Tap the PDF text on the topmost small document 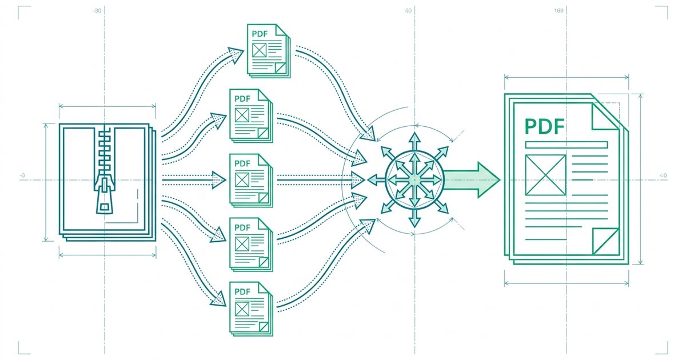point(260,34)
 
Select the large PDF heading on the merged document point(545,127)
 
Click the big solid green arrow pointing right point(472,179)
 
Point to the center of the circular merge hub point(414,180)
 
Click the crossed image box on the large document point(546,175)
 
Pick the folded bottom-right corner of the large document point(606,242)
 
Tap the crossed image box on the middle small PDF point(242,179)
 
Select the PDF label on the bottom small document point(242,292)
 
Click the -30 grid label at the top point(97,11)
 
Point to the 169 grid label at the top point(559,11)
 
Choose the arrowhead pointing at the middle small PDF point(220,180)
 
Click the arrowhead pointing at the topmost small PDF point(236,54)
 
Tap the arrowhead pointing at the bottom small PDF point(218,299)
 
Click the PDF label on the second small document point(242,99)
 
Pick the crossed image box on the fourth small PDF point(242,244)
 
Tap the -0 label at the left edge point(22,175)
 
